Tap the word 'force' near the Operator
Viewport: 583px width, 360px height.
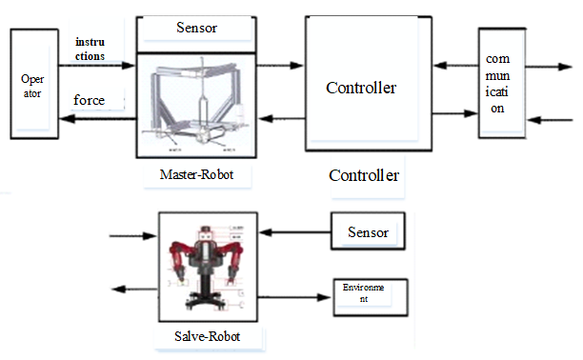click(x=89, y=99)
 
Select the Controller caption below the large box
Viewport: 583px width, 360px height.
click(x=363, y=176)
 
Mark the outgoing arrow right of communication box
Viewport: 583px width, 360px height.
click(x=548, y=68)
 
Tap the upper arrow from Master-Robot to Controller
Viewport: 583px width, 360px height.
click(x=279, y=66)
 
